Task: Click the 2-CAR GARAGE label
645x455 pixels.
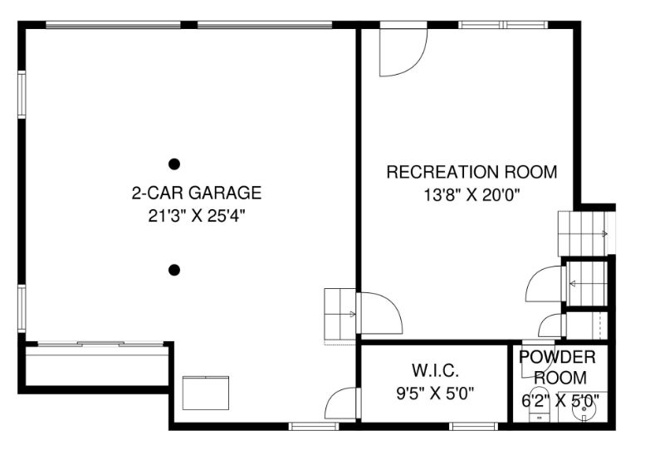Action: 197,193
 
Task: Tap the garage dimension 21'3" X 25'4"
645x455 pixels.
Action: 197,216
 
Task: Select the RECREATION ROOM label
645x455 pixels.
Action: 472,172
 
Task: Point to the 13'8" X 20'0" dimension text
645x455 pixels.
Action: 472,194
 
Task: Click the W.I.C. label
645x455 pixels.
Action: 435,370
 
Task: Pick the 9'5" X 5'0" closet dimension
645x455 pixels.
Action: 435,394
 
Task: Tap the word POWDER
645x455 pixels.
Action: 557,357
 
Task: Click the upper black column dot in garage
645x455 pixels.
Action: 174,164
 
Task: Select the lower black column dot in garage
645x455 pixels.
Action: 174,270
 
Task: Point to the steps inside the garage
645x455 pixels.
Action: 340,315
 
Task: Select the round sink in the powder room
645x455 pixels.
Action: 584,409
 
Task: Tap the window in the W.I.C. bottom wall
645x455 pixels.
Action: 473,426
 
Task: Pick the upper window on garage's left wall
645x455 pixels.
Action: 22,95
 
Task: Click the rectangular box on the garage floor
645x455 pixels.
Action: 206,393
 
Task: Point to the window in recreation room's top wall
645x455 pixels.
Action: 503,25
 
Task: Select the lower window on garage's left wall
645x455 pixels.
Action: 22,309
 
